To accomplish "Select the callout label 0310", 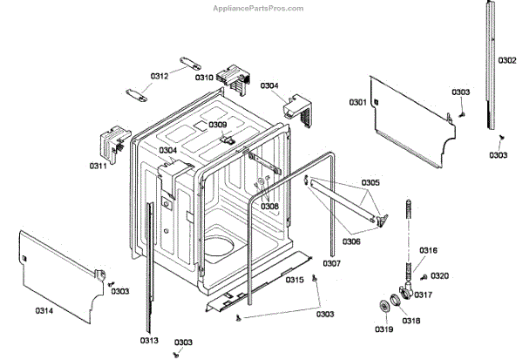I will [204, 78].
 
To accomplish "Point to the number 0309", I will [217, 125].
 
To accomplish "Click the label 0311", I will [98, 165].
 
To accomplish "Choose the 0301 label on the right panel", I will [358, 103].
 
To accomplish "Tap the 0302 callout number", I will [506, 60].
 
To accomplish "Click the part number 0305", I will [370, 182].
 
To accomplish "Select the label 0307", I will [331, 262].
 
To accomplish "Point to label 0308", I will [269, 207].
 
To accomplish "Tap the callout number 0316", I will [428, 250].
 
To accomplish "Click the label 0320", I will [440, 275].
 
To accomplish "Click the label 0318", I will [410, 321].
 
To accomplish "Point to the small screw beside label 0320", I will [423, 276].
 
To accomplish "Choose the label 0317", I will [423, 295].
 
